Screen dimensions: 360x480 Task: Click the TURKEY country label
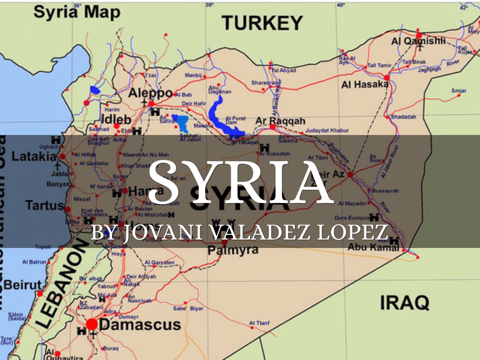coord(262,22)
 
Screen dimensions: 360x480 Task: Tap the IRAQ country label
coord(404,302)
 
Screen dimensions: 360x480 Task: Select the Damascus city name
coord(140,324)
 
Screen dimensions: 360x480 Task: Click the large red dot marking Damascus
coord(92,324)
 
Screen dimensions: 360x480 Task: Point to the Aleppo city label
coord(151,92)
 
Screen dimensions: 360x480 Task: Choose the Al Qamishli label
coord(419,41)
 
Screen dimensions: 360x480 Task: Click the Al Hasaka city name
coord(365,85)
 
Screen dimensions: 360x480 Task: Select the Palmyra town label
coord(233,249)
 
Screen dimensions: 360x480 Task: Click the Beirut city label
coord(22,285)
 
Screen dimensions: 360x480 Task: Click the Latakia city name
coord(34,156)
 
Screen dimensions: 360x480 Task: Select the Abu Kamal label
coord(373,247)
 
